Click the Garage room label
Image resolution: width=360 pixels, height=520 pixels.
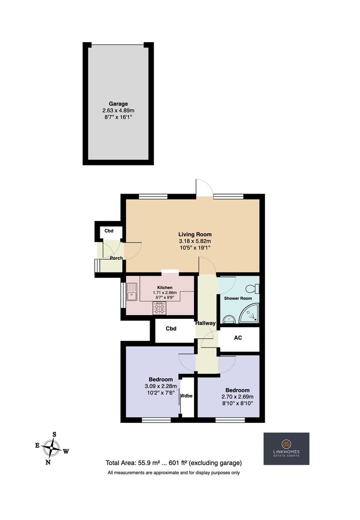[118, 104]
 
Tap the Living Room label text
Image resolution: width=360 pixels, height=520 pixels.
[195, 234]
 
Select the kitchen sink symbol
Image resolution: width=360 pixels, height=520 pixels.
[132, 292]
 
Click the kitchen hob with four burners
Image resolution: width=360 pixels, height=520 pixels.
[159, 309]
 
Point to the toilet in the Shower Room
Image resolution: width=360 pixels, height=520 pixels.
[253, 288]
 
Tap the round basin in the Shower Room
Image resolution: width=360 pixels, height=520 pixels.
[229, 319]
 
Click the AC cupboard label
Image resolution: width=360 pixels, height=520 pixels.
[238, 338]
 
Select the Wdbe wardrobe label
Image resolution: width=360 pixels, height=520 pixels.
[186, 396]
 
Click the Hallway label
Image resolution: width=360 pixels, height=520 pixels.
[205, 323]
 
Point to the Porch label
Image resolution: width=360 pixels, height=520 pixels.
[116, 258]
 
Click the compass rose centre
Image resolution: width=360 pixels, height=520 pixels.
[52, 448]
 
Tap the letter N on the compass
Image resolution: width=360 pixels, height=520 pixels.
[48, 462]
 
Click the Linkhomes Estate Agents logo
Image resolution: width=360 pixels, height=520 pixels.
[286, 448]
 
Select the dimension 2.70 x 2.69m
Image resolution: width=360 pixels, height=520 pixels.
[238, 397]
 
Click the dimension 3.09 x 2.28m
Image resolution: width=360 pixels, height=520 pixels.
[161, 386]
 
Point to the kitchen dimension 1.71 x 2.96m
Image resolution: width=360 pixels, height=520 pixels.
[165, 293]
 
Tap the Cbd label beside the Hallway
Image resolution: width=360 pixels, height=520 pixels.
[171, 329]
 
